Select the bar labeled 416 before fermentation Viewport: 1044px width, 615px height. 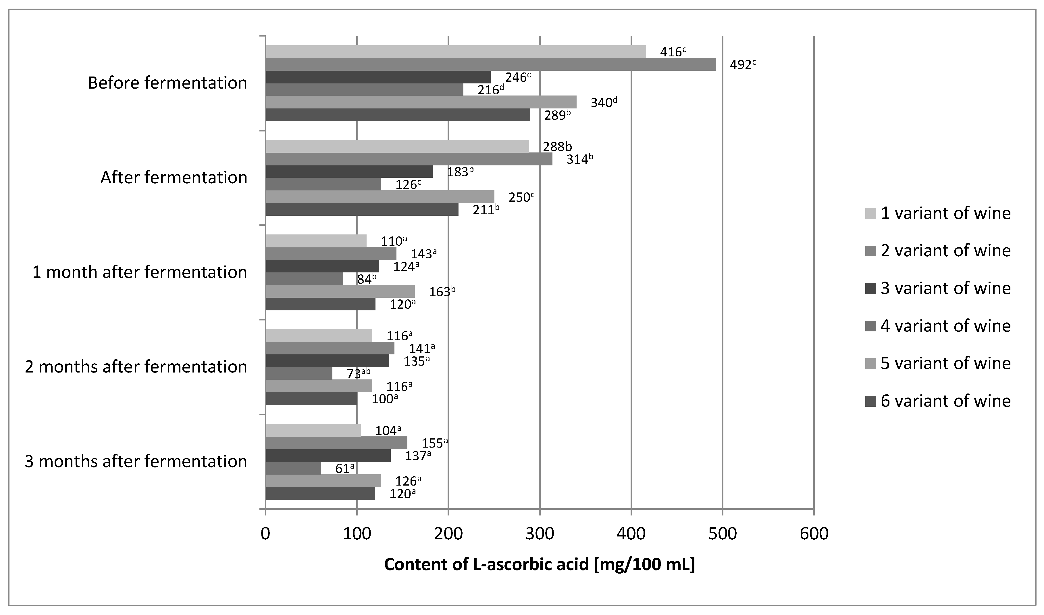[x=456, y=52]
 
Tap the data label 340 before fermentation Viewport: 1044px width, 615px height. [x=603, y=102]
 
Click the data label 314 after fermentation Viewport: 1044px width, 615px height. [x=579, y=159]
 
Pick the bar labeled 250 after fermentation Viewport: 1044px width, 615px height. [x=380, y=196]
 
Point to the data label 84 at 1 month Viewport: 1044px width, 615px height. [x=366, y=279]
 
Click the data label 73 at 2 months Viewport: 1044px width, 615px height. [x=358, y=374]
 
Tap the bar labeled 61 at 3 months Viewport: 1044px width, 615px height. [x=293, y=468]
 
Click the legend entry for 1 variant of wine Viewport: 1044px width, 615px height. [x=938, y=213]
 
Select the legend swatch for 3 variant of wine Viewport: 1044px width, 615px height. [x=870, y=288]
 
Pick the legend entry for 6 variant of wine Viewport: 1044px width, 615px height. [x=938, y=401]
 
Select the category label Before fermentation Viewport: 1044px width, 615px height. [x=167, y=83]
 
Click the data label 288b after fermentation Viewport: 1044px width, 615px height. [x=557, y=146]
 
